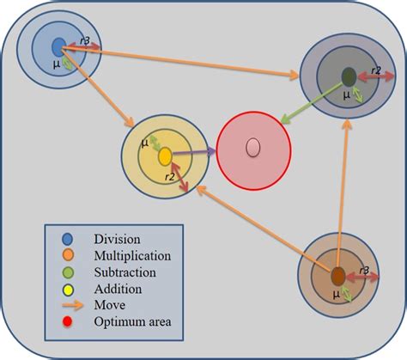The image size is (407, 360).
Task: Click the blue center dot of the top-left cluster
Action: click(x=58, y=46)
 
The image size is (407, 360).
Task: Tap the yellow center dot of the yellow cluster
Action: click(x=165, y=156)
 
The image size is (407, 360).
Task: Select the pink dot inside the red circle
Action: click(x=252, y=147)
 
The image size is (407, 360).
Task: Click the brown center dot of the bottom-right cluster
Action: click(x=337, y=276)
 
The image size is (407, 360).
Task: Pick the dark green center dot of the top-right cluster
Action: click(x=349, y=77)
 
